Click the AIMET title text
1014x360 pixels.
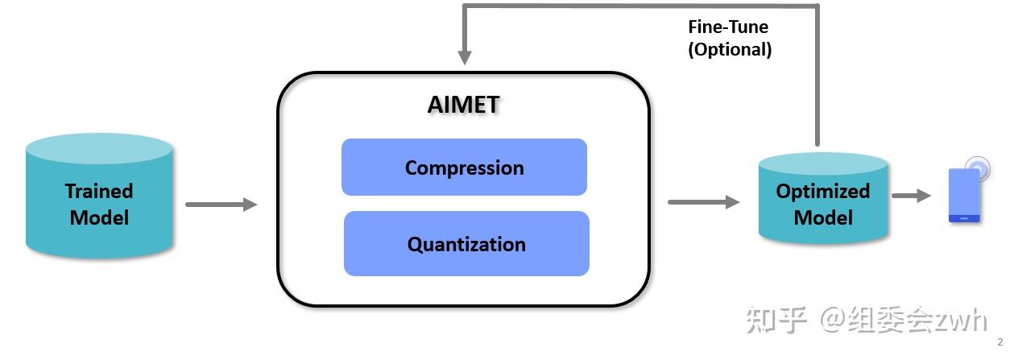click(x=463, y=105)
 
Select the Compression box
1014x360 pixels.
click(x=464, y=168)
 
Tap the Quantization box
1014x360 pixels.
click(x=466, y=244)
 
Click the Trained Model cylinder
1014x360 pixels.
click(x=99, y=197)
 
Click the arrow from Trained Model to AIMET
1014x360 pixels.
click(x=221, y=205)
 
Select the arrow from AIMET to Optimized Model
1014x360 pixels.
click(x=703, y=202)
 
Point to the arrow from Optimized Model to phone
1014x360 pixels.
click(x=911, y=196)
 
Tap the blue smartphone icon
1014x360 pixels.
click(x=963, y=195)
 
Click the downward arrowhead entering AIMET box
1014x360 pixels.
click(x=465, y=57)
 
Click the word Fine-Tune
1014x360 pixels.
click(x=727, y=27)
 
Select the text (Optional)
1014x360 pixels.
click(x=729, y=49)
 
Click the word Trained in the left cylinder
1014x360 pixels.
click(x=99, y=191)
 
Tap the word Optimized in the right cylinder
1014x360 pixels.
click(x=823, y=191)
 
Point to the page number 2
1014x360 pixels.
click(x=1000, y=341)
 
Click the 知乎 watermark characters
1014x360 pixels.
click(x=776, y=320)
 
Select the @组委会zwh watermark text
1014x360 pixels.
click(x=903, y=320)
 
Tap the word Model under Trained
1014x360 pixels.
click(x=99, y=217)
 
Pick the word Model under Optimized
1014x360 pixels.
click(x=823, y=217)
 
